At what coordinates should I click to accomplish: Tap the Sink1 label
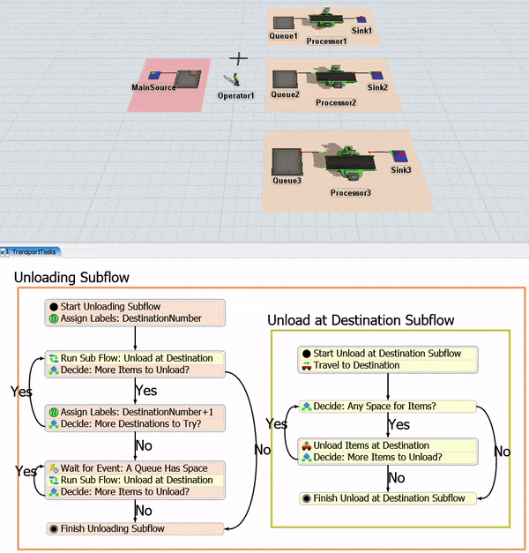pyautogui.click(x=362, y=31)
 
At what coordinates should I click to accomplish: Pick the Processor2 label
pyautogui.click(x=336, y=103)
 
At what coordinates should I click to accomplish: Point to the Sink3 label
pyautogui.click(x=401, y=169)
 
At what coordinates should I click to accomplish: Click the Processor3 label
pyautogui.click(x=351, y=192)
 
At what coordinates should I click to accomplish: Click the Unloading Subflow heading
pyautogui.click(x=71, y=278)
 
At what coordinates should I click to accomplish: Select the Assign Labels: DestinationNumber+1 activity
pyautogui.click(x=137, y=410)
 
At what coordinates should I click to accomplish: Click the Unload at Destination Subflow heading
pyautogui.click(x=361, y=320)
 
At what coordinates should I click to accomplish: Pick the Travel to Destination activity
pyautogui.click(x=357, y=365)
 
